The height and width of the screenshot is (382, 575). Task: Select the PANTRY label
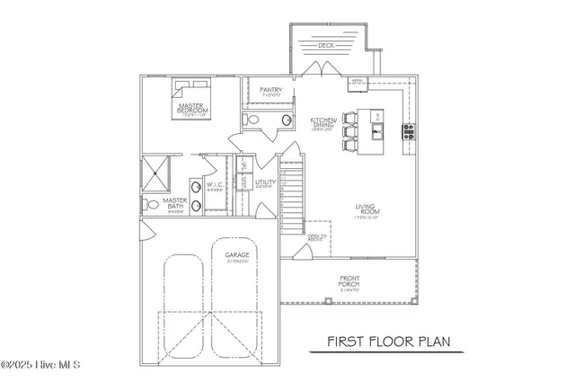click(271, 90)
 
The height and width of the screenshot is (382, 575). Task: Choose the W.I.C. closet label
click(215, 186)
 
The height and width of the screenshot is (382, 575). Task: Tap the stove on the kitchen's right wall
click(409, 130)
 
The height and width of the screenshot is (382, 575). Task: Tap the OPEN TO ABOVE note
click(315, 237)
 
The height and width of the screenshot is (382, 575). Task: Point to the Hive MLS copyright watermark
click(41, 365)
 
